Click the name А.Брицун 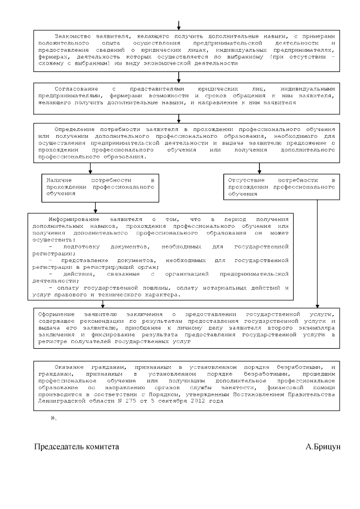point(323,447)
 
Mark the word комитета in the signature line point(102,447)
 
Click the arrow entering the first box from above point(179,24)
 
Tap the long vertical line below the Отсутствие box point(318,253)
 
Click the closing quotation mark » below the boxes point(53,418)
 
